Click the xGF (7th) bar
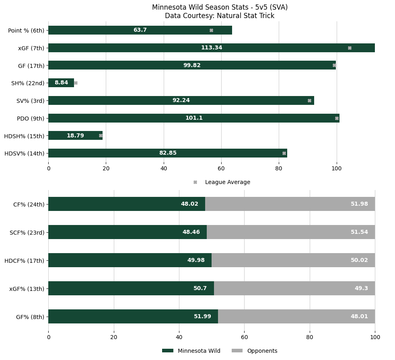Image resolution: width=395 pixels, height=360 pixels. click(x=211, y=48)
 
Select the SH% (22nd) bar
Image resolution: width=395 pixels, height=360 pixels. click(x=61, y=83)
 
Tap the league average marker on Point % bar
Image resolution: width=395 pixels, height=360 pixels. click(x=211, y=30)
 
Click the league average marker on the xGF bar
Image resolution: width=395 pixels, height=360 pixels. click(x=350, y=48)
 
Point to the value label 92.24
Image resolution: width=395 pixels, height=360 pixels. click(x=181, y=100)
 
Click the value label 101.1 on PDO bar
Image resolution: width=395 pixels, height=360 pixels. click(x=194, y=118)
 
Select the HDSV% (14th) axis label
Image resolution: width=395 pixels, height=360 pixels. click(x=24, y=153)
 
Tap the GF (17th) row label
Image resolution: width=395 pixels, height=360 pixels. click(x=31, y=65)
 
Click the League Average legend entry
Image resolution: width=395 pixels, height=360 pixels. click(x=227, y=182)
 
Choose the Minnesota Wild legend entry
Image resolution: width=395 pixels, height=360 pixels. click(x=199, y=351)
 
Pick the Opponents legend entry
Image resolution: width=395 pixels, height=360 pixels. click(x=262, y=351)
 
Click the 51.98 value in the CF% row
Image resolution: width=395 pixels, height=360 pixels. click(x=359, y=204)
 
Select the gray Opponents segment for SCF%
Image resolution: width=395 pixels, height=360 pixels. click(x=291, y=232)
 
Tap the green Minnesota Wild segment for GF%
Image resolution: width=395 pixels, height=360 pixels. click(x=133, y=317)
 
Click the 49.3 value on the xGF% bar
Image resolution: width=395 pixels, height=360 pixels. click(x=361, y=288)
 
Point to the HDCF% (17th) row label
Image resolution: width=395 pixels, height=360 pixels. click(x=24, y=260)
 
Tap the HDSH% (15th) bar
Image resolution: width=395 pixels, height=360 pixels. click(x=75, y=135)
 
